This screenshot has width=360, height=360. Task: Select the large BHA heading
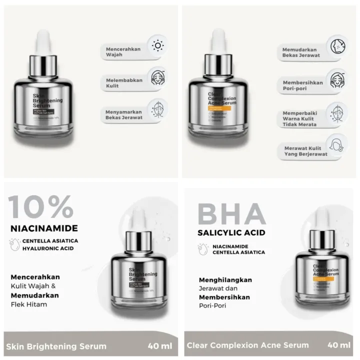click(x=231, y=213)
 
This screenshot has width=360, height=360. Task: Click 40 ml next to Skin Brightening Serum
click(x=159, y=345)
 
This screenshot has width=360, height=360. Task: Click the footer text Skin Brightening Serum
click(x=57, y=345)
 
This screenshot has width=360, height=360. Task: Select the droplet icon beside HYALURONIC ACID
click(x=15, y=245)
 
